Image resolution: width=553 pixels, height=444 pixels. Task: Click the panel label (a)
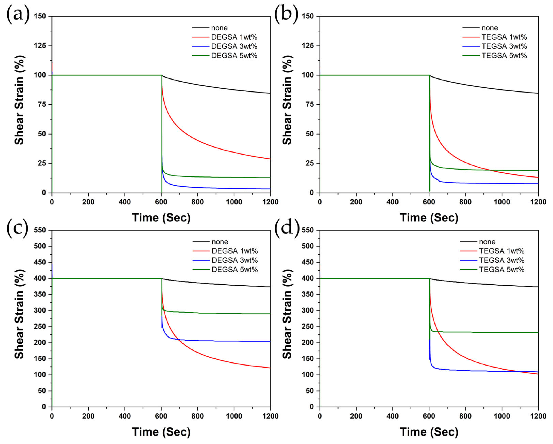click(x=18, y=14)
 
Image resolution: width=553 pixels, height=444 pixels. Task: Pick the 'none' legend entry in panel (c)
click(x=220, y=242)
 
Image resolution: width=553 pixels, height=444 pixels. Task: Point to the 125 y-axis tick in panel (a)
click(x=40, y=46)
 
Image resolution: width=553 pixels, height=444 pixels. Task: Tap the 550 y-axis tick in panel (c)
click(x=40, y=230)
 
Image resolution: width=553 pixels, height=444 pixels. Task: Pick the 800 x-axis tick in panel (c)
click(x=197, y=416)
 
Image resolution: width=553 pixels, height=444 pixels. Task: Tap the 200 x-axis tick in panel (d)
click(x=356, y=416)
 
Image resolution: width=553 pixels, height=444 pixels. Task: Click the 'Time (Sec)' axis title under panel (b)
click(x=429, y=218)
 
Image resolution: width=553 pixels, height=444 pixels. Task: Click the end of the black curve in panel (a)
click(x=270, y=93)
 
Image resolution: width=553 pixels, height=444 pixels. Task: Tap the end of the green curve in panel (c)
click(x=270, y=314)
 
